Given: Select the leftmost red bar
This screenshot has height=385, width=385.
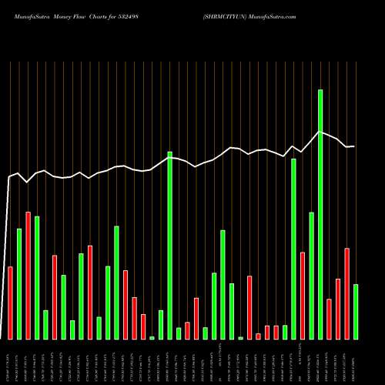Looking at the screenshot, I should point(10,303).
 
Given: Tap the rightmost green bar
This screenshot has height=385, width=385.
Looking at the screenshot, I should point(356,312).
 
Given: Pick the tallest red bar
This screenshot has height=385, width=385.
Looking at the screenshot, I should point(28,276).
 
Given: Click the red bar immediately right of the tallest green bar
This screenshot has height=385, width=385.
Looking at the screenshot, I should point(330,319).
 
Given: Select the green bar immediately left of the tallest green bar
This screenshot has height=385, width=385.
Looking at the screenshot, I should point(311,276).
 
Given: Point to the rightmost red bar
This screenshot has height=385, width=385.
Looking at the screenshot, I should point(347,293).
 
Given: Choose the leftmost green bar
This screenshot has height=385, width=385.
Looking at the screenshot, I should point(19,284).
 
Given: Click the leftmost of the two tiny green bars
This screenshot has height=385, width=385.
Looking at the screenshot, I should point(152,337).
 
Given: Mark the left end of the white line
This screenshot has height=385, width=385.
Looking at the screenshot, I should point(8,179).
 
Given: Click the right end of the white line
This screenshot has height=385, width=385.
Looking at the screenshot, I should point(354,146).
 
